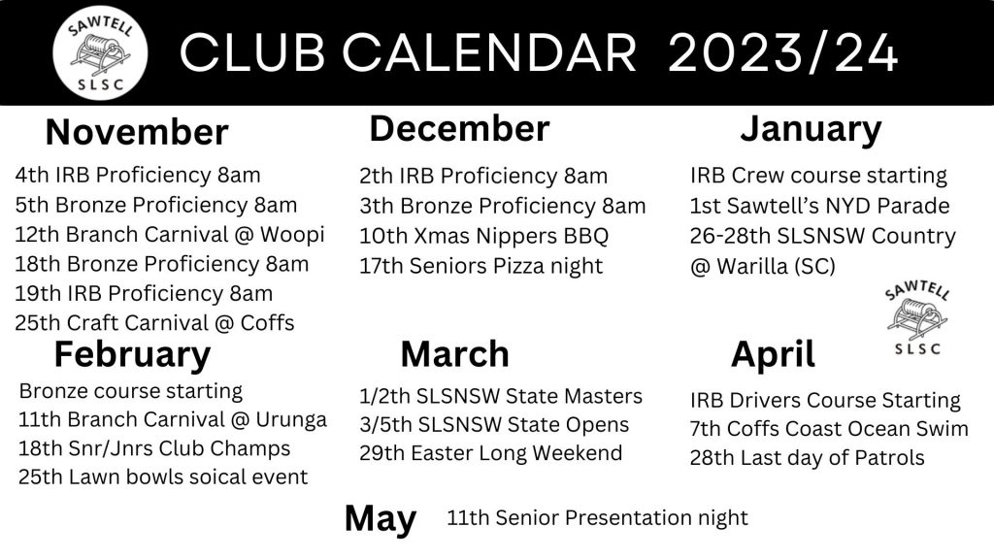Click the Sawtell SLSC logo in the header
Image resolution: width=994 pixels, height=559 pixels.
(100, 52)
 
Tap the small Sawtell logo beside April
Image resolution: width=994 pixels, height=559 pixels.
(917, 318)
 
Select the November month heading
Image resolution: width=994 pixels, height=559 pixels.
(137, 132)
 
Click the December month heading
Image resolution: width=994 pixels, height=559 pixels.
(459, 129)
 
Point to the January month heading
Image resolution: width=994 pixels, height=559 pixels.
(811, 130)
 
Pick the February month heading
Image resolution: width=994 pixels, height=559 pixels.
(132, 354)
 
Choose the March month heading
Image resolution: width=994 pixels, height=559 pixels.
(455, 354)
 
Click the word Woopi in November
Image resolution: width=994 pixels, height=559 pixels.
(292, 235)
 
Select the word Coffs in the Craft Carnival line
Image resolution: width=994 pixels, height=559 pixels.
(268, 323)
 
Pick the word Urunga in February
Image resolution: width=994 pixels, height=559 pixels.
(291, 420)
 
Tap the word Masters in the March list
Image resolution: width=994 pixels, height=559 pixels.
(603, 397)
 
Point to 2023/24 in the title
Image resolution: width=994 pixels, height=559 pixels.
(783, 53)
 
